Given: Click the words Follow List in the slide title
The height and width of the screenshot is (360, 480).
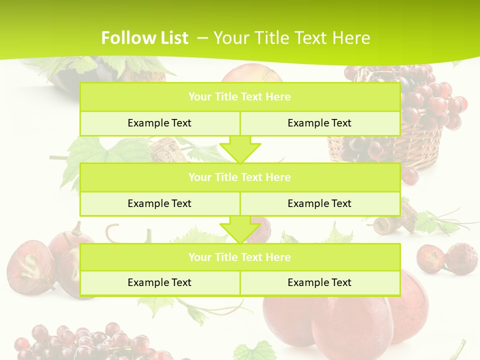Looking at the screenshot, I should coord(144,38).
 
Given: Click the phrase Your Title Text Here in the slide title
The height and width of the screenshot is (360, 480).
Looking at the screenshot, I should coord(291,38).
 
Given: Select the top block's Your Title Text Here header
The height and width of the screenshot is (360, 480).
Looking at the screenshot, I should coord(239,97).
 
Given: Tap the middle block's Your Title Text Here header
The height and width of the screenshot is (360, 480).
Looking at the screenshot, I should coord(239,177).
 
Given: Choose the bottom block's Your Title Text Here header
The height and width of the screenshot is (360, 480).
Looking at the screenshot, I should coord(239,257).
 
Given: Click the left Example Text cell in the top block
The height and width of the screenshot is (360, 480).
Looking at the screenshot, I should coord(159,123).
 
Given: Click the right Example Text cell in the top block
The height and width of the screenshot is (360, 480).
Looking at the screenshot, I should coord(319,123).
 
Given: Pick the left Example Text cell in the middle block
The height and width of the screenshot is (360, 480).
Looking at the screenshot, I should coord(159,203).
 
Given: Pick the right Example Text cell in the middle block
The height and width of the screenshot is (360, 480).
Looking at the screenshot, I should coord(319,203).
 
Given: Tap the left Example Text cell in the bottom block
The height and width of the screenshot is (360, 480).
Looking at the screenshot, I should coord(159,282).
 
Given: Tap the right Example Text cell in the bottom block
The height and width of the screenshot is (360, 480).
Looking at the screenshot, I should coord(319,282).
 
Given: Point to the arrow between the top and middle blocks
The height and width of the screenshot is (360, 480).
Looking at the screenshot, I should coord(240,149).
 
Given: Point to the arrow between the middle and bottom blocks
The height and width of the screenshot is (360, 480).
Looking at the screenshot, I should coord(240,229).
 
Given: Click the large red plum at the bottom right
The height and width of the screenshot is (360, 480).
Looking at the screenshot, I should coord(350,320).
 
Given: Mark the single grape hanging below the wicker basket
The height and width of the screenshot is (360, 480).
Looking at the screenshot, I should coord(409,175).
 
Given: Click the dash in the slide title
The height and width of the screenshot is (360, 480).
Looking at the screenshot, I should coord(203,38).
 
